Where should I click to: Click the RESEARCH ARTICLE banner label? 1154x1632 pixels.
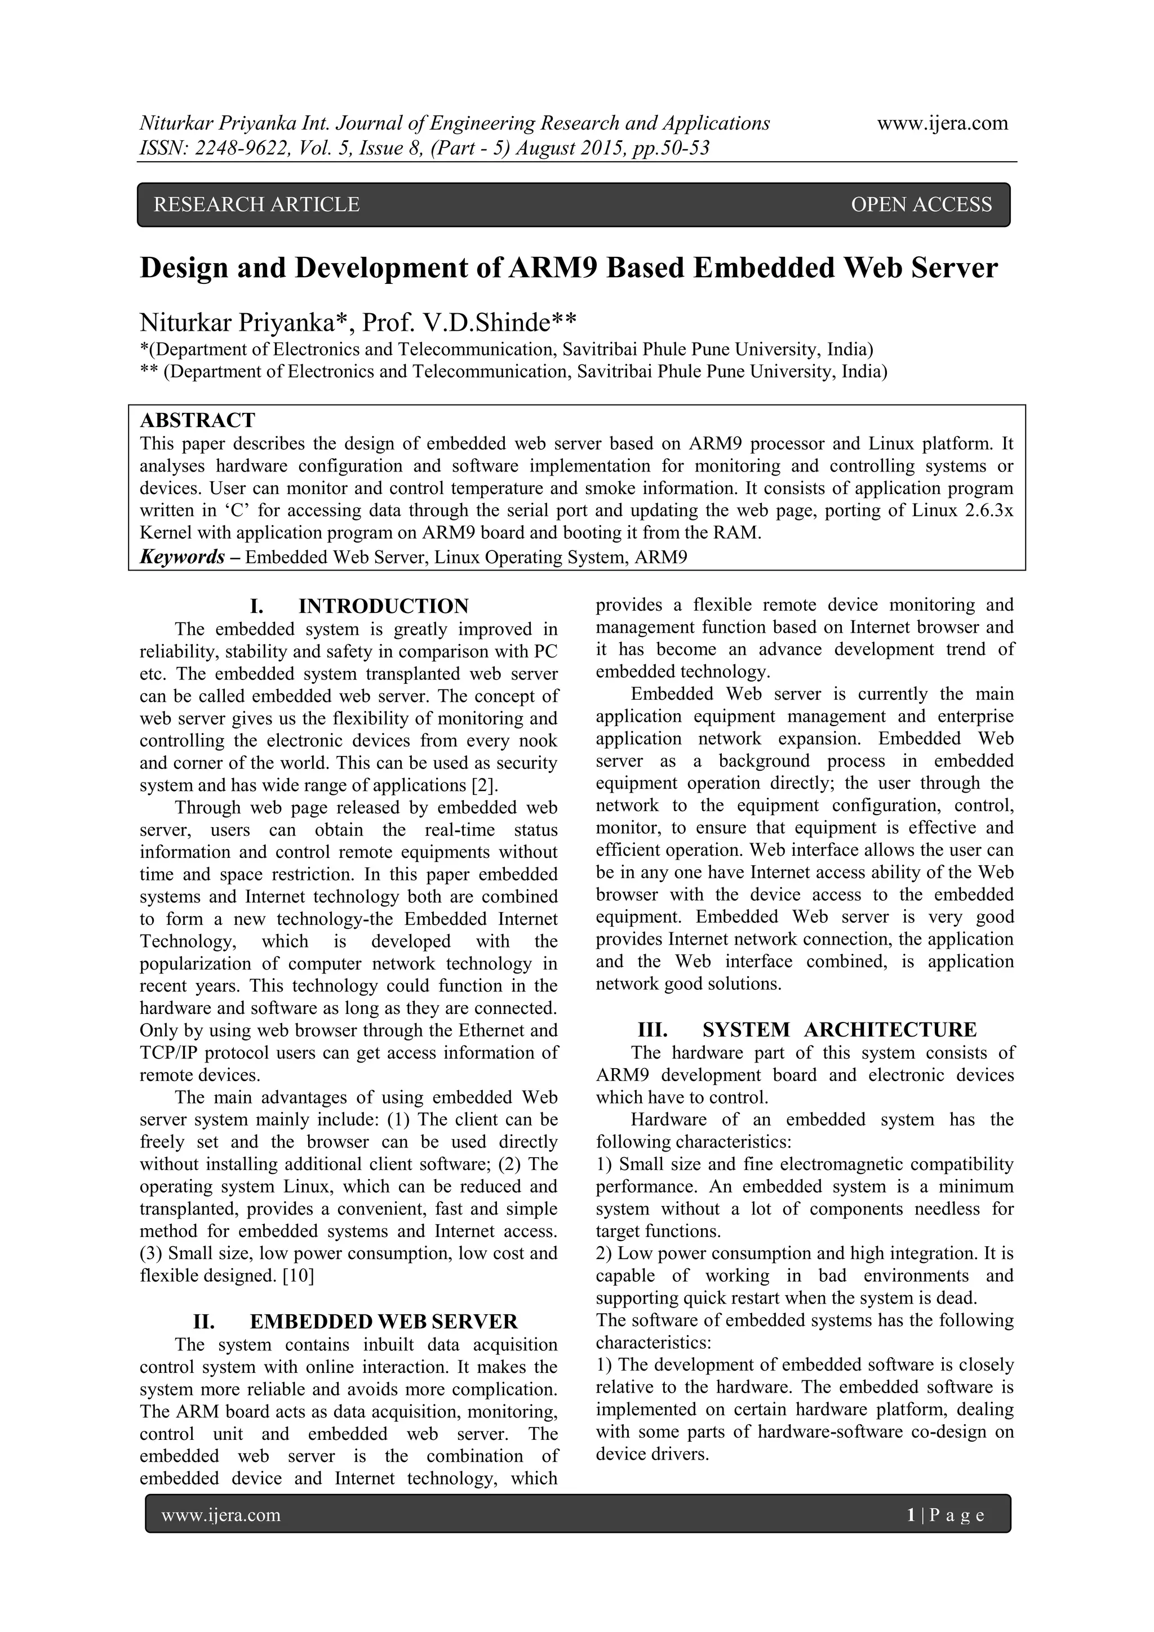[x=257, y=204]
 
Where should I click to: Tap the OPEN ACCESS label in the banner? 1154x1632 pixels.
[x=921, y=204]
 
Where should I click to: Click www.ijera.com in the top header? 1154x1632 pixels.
[x=942, y=123]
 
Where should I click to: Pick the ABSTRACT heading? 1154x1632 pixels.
[x=198, y=420]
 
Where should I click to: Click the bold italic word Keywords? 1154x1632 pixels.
[x=183, y=557]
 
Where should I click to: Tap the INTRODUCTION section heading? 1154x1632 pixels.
[x=383, y=606]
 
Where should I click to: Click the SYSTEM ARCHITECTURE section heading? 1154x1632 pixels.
[x=839, y=1030]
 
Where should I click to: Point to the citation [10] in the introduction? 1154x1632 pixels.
[x=298, y=1276]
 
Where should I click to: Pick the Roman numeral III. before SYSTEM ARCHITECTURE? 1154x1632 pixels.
[x=652, y=1030]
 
